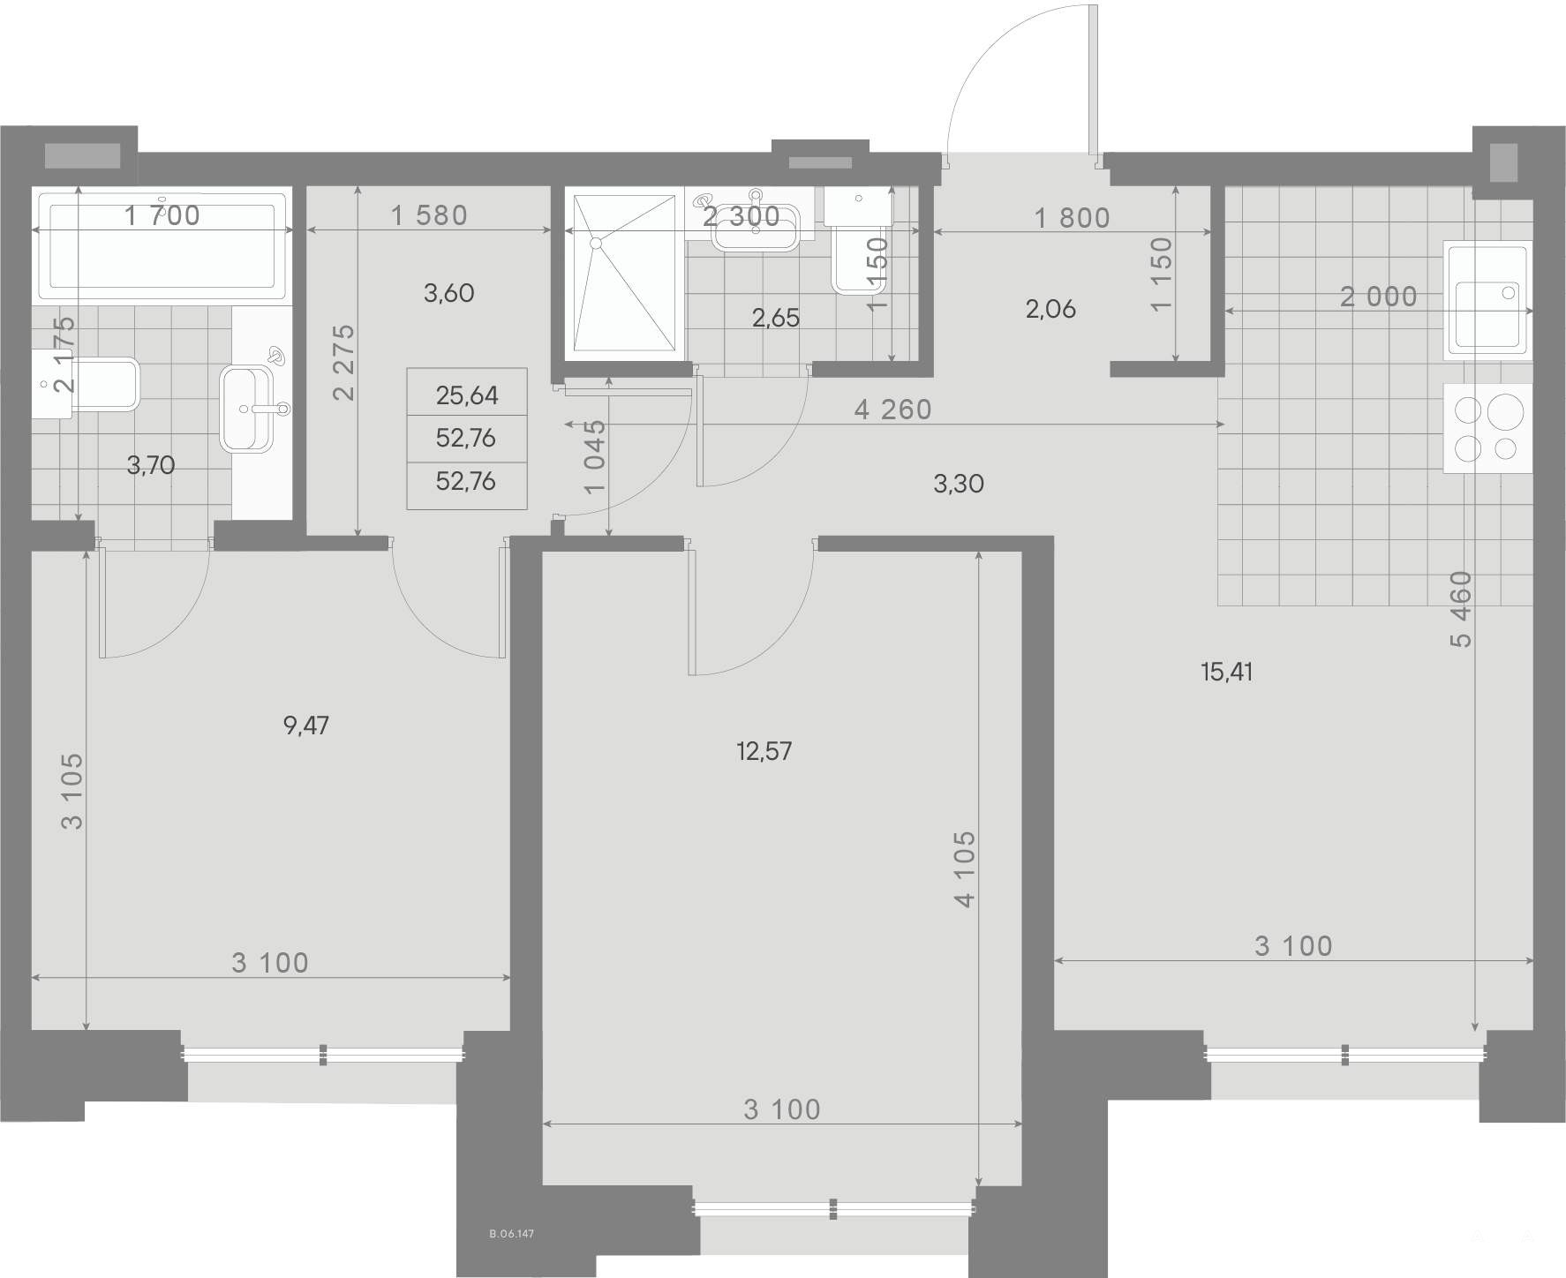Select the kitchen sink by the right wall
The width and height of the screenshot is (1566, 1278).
1487,300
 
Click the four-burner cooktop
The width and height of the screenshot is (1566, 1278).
1487,428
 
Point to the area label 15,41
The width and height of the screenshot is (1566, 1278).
1227,673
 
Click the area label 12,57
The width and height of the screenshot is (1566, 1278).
764,752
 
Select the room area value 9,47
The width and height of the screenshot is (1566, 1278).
306,726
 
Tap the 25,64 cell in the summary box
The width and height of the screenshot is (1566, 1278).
467,395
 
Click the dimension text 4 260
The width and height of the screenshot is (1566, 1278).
893,410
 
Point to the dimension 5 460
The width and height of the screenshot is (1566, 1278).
1462,609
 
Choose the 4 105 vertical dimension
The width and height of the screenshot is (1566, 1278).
965,868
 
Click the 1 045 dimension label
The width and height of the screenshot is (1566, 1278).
596,456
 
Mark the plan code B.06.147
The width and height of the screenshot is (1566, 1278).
512,1235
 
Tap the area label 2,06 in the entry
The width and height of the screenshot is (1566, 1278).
1050,309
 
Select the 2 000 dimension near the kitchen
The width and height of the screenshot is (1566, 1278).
1379,297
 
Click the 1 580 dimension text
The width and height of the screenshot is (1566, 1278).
429,215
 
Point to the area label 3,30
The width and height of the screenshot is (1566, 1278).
959,484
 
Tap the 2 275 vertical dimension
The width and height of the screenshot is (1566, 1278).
344,362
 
